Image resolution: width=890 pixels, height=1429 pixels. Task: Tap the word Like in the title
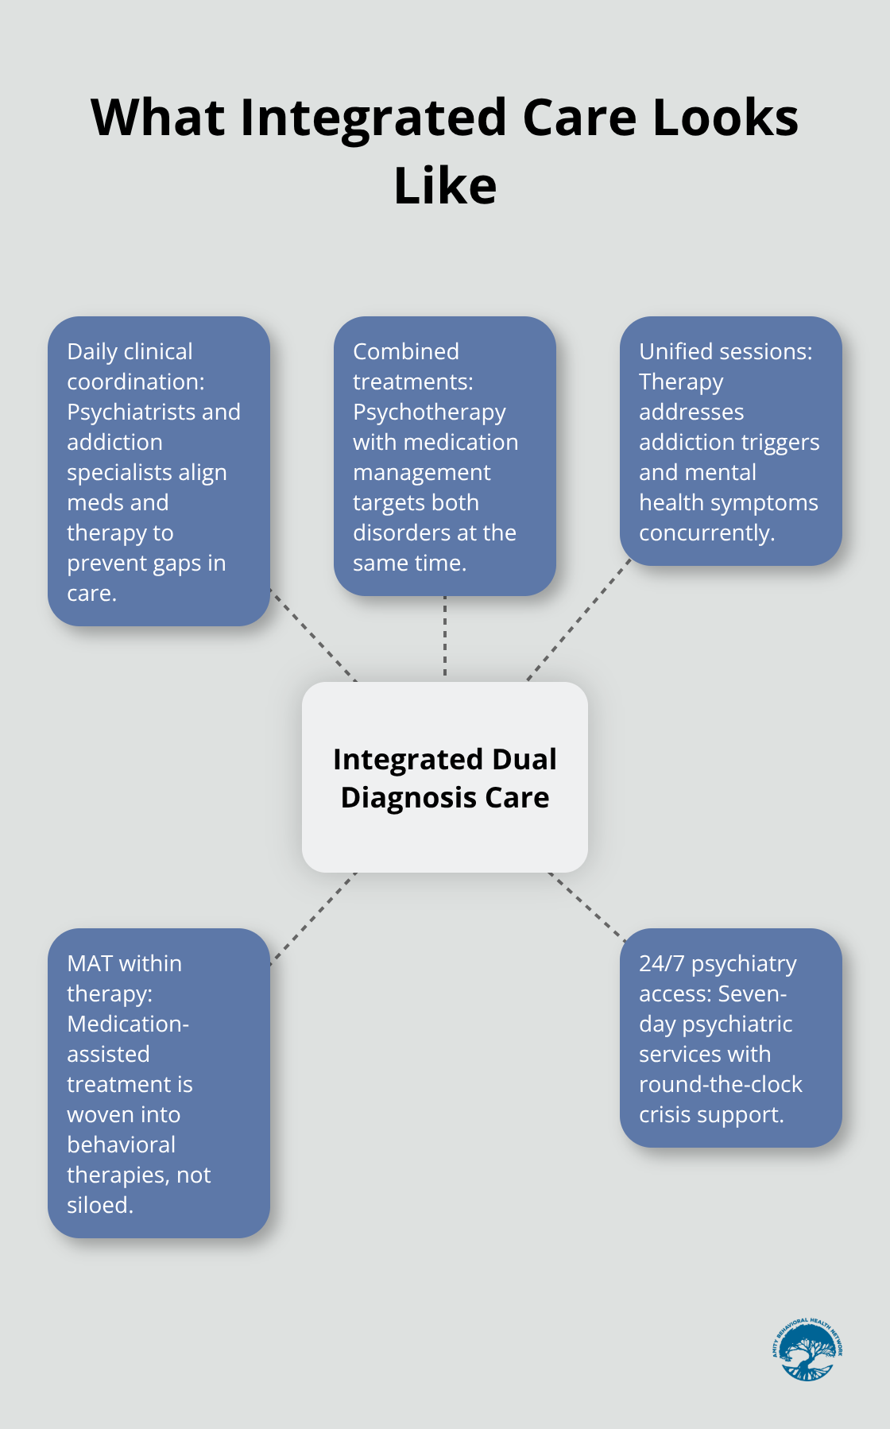(445, 187)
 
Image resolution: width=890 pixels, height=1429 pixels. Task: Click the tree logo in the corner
(807, 1350)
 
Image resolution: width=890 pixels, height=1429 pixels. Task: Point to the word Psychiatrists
(131, 412)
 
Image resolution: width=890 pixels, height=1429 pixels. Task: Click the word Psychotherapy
(429, 412)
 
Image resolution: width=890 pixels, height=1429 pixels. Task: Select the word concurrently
(706, 532)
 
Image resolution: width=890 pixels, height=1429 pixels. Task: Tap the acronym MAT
(90, 963)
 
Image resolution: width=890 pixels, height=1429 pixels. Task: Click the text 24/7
(661, 963)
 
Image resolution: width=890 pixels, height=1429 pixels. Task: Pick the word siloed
(99, 1205)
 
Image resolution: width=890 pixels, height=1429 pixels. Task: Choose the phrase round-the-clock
(720, 1084)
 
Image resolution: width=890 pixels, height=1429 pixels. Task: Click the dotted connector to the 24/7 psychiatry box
(586, 906)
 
